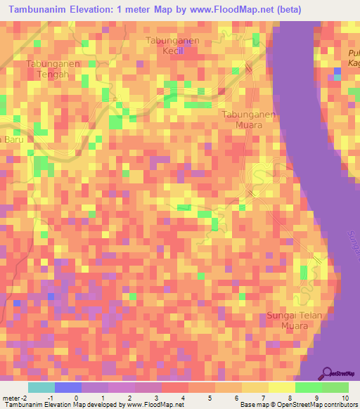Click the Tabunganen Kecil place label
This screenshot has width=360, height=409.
(172, 46)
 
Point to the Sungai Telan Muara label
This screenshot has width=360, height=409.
(294, 320)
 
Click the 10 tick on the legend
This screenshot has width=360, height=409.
(344, 397)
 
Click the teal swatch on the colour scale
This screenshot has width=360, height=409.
(41, 387)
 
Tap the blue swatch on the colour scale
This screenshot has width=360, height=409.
(68, 387)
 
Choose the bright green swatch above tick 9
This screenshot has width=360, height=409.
(308, 387)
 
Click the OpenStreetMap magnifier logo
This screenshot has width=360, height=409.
(329, 372)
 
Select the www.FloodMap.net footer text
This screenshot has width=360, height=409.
(150, 405)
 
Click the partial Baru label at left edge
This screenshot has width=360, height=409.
(12, 139)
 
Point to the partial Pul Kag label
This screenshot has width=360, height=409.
(352, 58)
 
